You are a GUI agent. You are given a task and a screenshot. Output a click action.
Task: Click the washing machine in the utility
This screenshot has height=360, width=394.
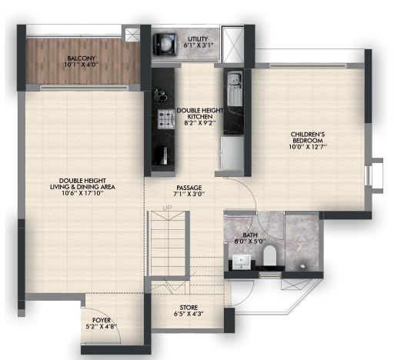(x=165, y=44)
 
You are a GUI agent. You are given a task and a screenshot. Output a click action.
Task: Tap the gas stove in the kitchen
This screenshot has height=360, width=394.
(x=166, y=119)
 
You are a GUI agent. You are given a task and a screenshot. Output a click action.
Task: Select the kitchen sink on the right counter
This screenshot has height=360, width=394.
(x=235, y=88)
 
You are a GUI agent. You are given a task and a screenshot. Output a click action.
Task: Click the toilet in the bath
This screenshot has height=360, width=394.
(x=269, y=255)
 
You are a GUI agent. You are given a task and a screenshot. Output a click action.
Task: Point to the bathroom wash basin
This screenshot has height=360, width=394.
(x=242, y=262)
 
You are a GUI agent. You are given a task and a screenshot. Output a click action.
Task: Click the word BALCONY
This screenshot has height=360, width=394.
(x=82, y=58)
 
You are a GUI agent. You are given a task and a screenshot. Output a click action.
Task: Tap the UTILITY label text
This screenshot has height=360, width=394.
(x=198, y=39)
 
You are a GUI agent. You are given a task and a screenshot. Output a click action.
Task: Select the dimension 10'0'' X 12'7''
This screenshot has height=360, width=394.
(x=308, y=147)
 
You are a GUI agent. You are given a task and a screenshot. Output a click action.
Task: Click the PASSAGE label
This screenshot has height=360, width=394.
(x=189, y=188)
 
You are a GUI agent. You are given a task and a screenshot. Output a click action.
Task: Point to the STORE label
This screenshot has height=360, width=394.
(x=189, y=307)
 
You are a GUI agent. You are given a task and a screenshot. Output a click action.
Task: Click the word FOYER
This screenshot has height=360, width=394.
(x=102, y=320)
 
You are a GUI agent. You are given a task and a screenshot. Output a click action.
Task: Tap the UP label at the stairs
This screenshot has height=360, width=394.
(x=168, y=207)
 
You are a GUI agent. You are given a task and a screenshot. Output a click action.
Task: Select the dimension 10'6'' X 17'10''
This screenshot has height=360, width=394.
(x=82, y=193)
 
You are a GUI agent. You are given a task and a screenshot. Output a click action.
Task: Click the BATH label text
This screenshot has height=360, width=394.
(x=250, y=235)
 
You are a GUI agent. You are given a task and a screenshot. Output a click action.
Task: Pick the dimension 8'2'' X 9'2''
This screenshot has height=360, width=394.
(x=200, y=123)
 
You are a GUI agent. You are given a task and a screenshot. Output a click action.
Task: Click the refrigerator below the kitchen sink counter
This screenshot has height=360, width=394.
(x=232, y=153)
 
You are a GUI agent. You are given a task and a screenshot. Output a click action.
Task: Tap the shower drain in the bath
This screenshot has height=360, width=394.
(x=302, y=267)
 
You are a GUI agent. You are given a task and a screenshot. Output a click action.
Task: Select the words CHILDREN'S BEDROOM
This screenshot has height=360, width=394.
(x=308, y=138)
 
